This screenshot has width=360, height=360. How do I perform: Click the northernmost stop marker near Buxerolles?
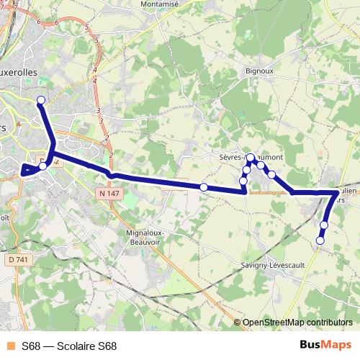tap(41, 100)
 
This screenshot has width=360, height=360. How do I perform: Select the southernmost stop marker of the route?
tap(320, 240)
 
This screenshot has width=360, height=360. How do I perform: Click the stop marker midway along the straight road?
tap(204, 187)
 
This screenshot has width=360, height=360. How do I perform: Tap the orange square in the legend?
tap(10, 346)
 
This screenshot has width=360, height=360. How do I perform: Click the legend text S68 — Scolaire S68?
tap(69, 346)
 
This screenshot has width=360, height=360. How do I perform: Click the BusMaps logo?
tap(325, 346)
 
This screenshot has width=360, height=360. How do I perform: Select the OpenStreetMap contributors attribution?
tap(297, 323)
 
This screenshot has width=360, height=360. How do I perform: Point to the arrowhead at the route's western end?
tap(26, 170)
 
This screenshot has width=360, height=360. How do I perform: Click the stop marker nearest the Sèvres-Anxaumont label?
tap(250, 158)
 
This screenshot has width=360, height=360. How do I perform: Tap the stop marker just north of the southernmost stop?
tap(324, 225)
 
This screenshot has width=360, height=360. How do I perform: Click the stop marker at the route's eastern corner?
tap(339, 192)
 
